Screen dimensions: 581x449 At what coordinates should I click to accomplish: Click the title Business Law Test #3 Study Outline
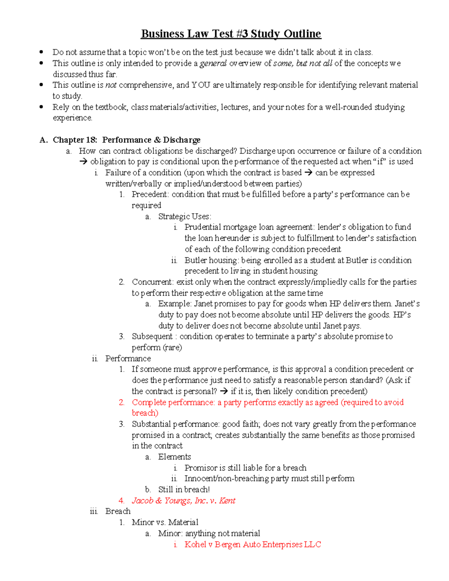click(x=231, y=34)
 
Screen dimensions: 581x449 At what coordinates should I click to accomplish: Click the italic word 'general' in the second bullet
click(x=213, y=63)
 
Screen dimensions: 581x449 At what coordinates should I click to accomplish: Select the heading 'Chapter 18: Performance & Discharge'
click(x=126, y=140)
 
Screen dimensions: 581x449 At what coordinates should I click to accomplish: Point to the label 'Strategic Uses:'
click(x=184, y=216)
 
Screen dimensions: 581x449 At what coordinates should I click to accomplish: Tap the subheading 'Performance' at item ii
click(x=128, y=358)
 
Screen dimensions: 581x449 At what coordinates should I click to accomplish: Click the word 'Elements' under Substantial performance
click(x=174, y=457)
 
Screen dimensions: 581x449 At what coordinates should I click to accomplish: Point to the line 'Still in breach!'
click(x=184, y=489)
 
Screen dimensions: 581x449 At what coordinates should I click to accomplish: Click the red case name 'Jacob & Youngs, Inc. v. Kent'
click(x=183, y=501)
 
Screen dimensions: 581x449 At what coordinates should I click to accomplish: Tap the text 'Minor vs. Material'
click(x=165, y=522)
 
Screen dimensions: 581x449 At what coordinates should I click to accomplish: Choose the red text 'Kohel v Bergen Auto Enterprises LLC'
click(x=253, y=544)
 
